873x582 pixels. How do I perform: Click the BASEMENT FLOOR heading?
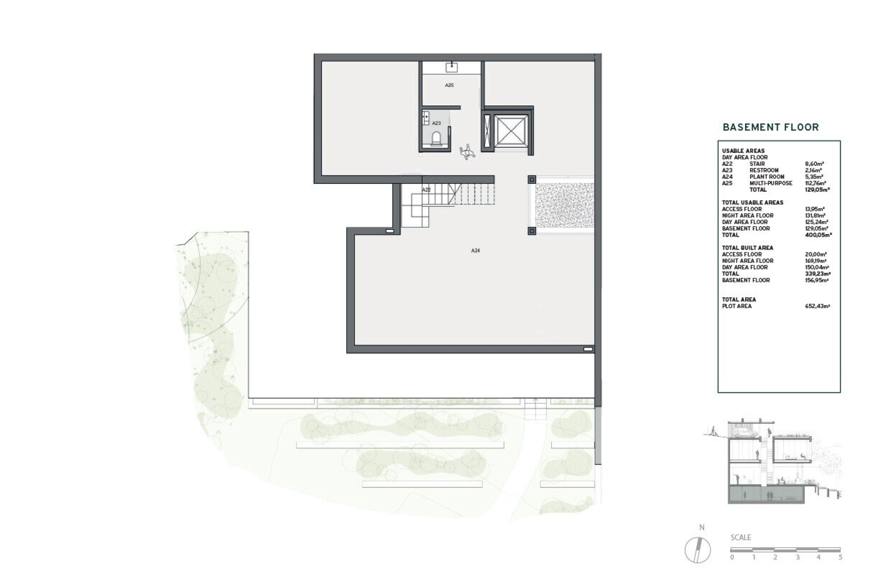[771, 127]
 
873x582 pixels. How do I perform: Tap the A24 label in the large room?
[475, 250]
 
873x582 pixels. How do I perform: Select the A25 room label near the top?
[449, 85]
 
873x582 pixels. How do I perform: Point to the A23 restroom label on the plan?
[436, 123]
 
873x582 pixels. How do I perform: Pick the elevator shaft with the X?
[511, 130]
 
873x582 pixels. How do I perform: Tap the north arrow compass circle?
[698, 550]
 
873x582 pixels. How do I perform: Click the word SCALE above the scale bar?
[741, 537]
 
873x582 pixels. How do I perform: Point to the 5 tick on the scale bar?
[840, 557]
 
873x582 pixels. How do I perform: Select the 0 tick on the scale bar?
[732, 557]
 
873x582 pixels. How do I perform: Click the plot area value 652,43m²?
[818, 306]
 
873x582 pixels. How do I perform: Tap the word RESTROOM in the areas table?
[764, 170]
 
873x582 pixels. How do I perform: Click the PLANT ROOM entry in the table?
[767, 177]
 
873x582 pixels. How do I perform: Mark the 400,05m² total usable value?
[818, 235]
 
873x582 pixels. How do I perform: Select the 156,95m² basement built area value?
[817, 280]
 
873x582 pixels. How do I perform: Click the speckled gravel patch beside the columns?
[565, 205]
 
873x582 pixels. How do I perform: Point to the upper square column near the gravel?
[532, 179]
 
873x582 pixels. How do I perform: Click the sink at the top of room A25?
[451, 67]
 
